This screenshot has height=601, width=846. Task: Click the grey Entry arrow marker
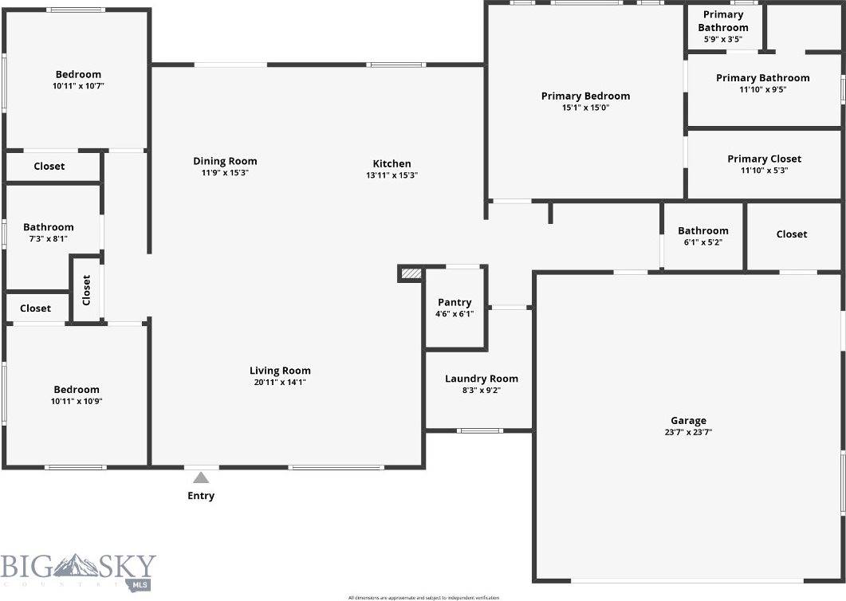click(x=201, y=477)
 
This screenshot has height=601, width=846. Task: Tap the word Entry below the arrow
click(x=201, y=496)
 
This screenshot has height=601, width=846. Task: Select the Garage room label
click(x=688, y=421)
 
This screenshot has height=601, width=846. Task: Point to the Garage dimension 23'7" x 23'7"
click(x=688, y=433)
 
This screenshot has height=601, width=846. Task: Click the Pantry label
click(x=454, y=303)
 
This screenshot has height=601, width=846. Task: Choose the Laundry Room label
click(x=482, y=379)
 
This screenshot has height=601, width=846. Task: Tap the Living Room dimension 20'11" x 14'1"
click(x=280, y=383)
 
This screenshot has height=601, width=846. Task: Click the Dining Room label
click(x=225, y=161)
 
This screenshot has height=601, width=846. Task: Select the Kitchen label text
click(x=392, y=163)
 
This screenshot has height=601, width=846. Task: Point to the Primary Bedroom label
click(x=585, y=96)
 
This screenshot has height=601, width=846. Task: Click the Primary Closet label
click(x=764, y=159)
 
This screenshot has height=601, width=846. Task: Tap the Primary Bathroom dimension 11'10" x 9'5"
click(x=763, y=90)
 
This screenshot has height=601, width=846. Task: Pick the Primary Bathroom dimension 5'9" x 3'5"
click(x=723, y=39)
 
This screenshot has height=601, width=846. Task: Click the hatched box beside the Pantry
click(x=410, y=273)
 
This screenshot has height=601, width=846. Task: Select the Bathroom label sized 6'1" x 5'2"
click(x=703, y=230)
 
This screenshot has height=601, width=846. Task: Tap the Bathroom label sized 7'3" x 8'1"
click(x=49, y=227)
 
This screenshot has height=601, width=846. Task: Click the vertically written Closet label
click(x=87, y=290)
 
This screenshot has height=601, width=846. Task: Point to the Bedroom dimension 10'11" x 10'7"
click(x=78, y=86)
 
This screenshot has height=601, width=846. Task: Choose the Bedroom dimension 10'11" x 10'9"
click(x=77, y=402)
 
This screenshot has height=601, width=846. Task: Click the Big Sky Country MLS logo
click(x=78, y=571)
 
